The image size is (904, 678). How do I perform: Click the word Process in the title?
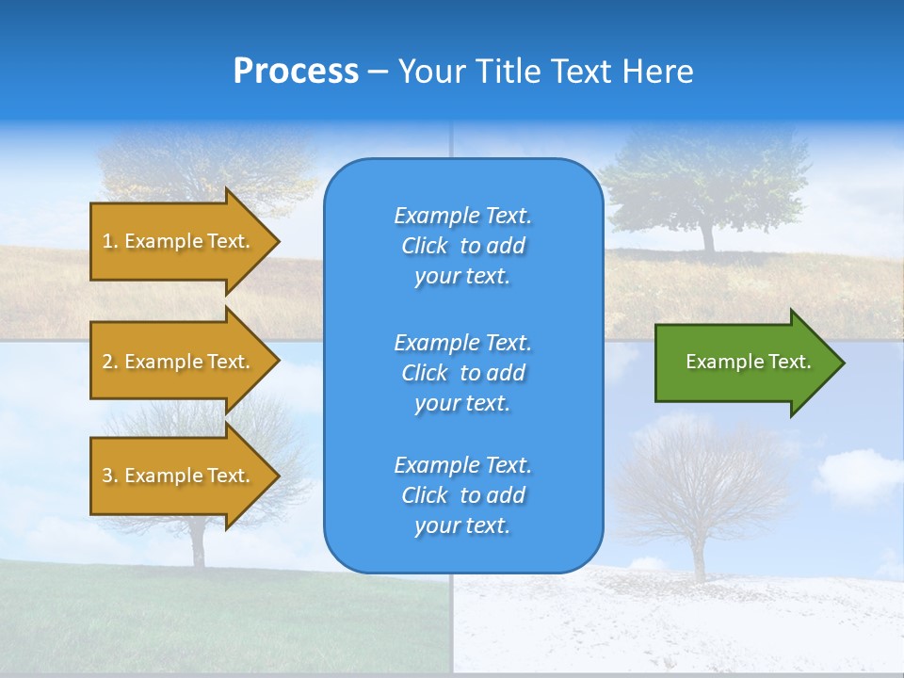pos(296,72)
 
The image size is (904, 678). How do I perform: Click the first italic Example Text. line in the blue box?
pos(462,216)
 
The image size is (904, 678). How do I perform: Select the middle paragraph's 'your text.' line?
pos(462,403)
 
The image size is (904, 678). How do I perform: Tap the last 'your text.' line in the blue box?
pos(462,525)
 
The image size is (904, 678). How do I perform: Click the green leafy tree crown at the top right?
pos(706,179)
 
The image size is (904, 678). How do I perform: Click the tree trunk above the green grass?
pos(199,546)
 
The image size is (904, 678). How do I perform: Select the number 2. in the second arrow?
pos(110,362)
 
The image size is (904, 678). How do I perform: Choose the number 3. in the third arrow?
pos(110,476)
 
